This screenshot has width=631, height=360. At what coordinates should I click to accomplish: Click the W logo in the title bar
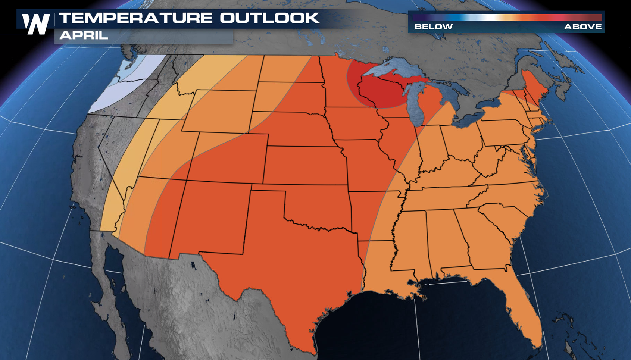(36, 24)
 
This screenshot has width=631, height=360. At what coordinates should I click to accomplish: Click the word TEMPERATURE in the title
(136, 18)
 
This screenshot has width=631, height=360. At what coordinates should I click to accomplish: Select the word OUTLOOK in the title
(269, 18)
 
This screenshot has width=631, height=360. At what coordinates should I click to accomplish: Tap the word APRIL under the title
(84, 35)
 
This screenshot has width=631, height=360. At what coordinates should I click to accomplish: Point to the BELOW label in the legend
(433, 27)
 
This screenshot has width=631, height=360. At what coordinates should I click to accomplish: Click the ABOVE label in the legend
(583, 27)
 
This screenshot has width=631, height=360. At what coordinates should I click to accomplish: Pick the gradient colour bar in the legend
(507, 18)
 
